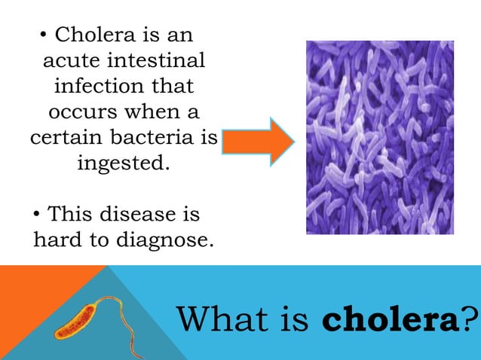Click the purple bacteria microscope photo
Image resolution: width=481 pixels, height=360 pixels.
click(x=379, y=137)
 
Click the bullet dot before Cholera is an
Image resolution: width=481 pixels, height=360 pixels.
click(x=45, y=35)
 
